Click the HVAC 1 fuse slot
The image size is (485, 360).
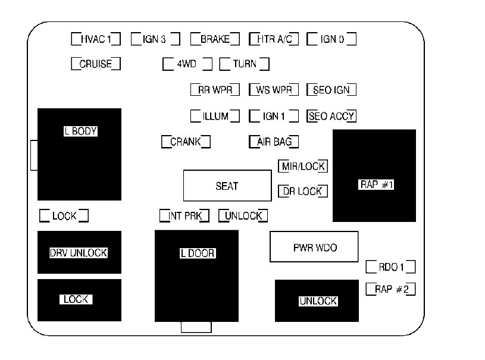click(x=96, y=39)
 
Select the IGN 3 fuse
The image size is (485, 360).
click(x=155, y=39)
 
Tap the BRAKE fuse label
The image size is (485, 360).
click(x=215, y=39)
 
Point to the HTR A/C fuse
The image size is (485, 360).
click(x=274, y=39)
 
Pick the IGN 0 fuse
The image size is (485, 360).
click(x=331, y=39)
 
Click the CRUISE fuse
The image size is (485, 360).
click(x=96, y=64)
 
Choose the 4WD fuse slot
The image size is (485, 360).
click(x=187, y=64)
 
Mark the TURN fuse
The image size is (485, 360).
click(x=245, y=64)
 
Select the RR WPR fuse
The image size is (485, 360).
click(x=215, y=90)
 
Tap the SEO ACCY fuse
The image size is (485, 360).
click(x=331, y=116)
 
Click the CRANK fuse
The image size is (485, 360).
click(x=186, y=142)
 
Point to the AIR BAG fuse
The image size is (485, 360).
click(x=274, y=142)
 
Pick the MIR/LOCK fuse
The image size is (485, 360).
click(x=303, y=166)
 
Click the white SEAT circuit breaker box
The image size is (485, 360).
click(x=227, y=186)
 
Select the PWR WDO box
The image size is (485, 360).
click(x=314, y=247)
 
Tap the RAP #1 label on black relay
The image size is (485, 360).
click(x=376, y=184)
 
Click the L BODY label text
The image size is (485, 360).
click(x=80, y=131)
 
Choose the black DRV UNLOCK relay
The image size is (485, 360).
click(x=79, y=252)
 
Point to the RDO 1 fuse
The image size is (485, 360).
click(x=390, y=267)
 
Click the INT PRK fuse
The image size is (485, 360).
click(x=184, y=215)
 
